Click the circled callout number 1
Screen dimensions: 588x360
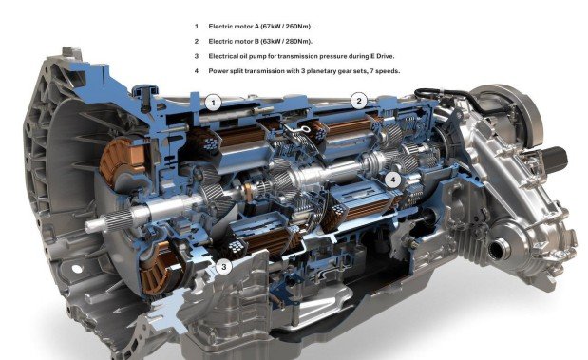214,103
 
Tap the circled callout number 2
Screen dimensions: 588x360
359,101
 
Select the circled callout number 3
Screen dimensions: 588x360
224,267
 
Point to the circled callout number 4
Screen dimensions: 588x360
392,180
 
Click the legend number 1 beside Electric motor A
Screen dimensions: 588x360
196,27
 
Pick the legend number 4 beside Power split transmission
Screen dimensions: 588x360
196,71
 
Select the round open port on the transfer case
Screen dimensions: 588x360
497,250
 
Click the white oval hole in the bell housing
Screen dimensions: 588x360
77,269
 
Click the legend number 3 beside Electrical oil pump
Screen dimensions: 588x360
196,56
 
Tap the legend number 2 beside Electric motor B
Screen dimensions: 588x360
196,41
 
